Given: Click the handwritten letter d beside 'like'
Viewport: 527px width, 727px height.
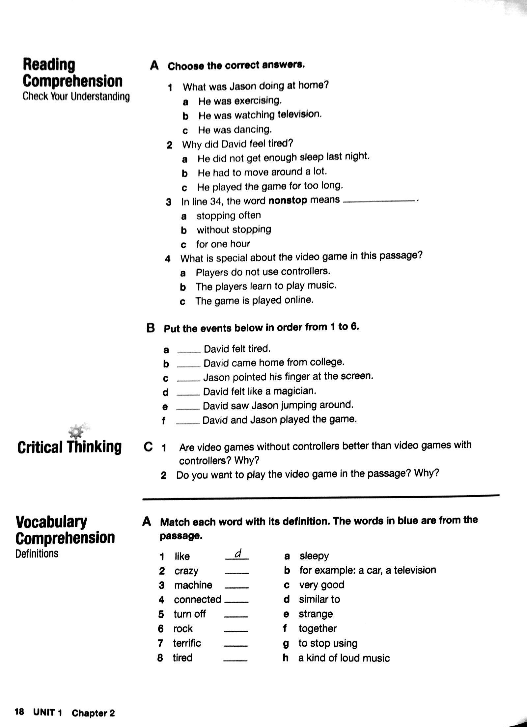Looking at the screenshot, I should point(238,554).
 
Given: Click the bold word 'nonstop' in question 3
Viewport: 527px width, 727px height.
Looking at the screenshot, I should point(288,201).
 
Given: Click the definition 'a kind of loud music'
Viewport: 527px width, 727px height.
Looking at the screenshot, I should point(344,658).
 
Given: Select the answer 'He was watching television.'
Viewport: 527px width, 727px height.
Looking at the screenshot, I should point(260,115).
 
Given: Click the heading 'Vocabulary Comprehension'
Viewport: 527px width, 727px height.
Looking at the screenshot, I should point(65,530).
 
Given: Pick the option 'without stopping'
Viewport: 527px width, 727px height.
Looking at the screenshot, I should point(234,229).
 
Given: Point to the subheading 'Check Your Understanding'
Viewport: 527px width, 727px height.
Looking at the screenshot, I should point(76,97).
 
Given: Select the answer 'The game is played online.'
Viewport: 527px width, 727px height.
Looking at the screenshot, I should point(254,300).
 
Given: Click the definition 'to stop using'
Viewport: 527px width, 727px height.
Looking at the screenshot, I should point(328,643).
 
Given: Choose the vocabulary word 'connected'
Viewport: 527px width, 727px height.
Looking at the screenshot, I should point(197,600).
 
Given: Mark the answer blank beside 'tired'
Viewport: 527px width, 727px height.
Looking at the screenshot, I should point(235,660).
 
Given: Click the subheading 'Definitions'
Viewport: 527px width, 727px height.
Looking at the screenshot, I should point(37,553).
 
